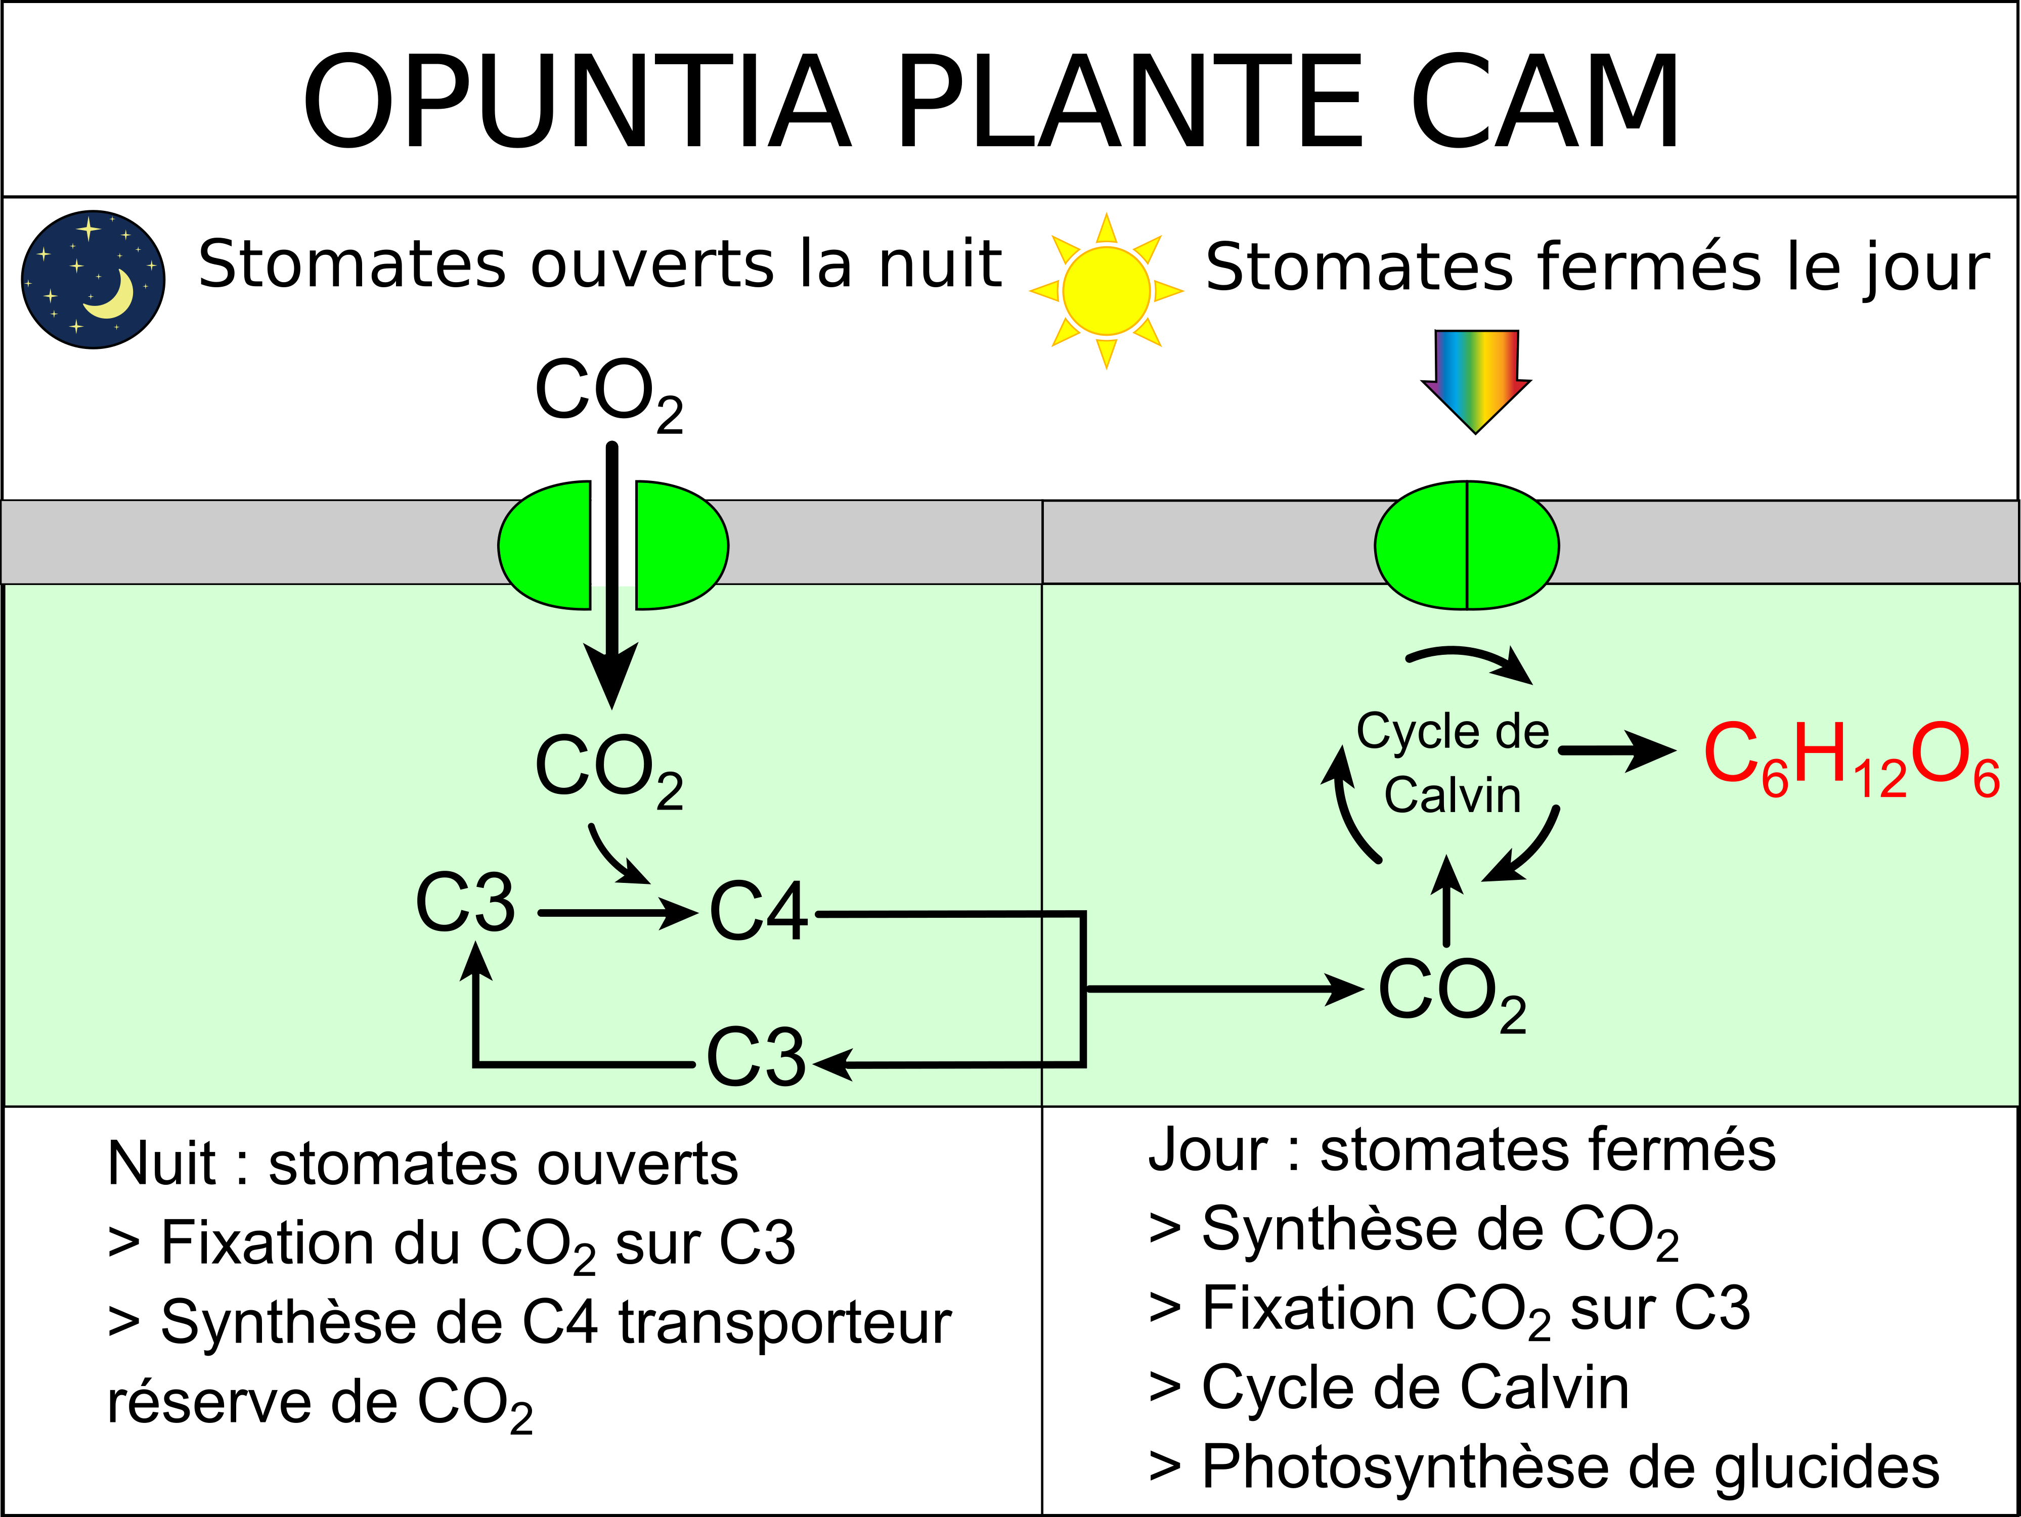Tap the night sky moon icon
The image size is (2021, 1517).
(93, 280)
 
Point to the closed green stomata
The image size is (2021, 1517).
(1466, 545)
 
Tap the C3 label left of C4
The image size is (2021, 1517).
(465, 902)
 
